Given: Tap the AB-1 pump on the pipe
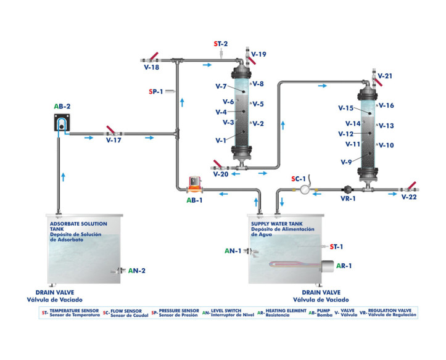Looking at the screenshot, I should pyautogui.click(x=196, y=181).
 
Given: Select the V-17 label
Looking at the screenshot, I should pyautogui.click(x=113, y=141).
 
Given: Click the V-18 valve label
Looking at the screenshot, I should pyautogui.click(x=151, y=67).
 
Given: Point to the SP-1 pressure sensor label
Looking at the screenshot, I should pyautogui.click(x=157, y=92).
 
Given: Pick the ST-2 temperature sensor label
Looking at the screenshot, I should pyautogui.click(x=220, y=44).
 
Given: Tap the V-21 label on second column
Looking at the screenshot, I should pyautogui.click(x=385, y=76).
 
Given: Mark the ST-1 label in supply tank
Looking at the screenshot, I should pyautogui.click(x=336, y=247).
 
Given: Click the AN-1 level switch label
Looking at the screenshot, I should pyautogui.click(x=233, y=251).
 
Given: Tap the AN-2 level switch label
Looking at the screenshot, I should pyautogui.click(x=136, y=271).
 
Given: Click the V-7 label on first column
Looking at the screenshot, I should pyautogui.click(x=221, y=86).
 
